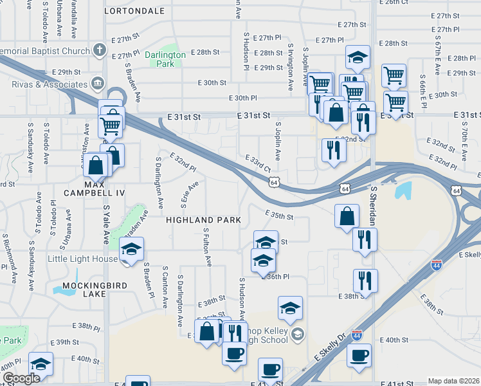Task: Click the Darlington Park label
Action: (x=165, y=59)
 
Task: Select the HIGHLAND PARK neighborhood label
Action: (x=203, y=220)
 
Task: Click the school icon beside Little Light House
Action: (x=132, y=249)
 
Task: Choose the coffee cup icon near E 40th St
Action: (x=358, y=354)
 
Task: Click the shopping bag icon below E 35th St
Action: (x=347, y=216)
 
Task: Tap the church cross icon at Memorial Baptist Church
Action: (x=99, y=50)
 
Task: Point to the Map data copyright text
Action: (x=453, y=381)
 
